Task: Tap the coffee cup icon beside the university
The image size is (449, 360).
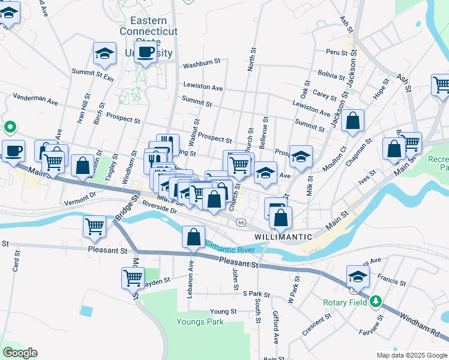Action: point(145,52)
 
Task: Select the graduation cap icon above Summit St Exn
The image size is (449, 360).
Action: point(104,54)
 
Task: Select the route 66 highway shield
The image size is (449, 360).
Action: point(241,223)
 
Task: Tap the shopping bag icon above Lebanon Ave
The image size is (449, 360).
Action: point(193,238)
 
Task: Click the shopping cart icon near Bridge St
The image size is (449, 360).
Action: point(95,227)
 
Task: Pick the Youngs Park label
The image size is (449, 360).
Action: point(200,322)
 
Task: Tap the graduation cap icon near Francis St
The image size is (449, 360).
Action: point(357,277)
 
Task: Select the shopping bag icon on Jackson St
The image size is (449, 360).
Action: point(354,121)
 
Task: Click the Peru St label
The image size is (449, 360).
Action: point(337,53)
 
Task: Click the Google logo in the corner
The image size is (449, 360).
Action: point(20,353)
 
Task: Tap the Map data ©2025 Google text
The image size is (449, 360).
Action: point(411,355)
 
